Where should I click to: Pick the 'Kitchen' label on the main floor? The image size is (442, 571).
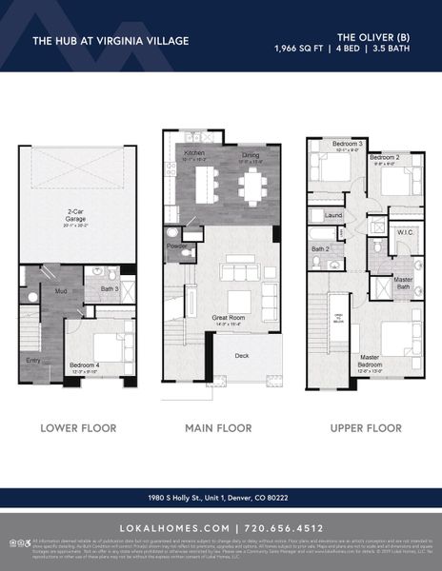point(194,152)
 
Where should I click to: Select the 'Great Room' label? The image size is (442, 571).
point(231,319)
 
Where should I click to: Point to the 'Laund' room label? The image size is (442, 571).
point(333,216)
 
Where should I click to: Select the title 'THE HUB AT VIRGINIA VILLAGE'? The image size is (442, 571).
point(110,41)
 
